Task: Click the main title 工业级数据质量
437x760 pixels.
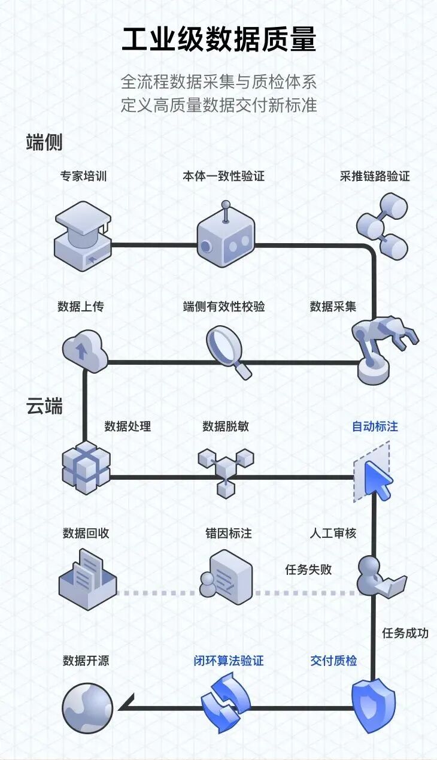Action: click(218, 41)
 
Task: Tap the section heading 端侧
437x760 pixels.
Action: click(44, 143)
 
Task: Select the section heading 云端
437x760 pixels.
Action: click(44, 406)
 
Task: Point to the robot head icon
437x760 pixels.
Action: click(226, 238)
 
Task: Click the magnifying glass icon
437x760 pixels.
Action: click(228, 351)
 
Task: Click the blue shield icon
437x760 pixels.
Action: click(373, 706)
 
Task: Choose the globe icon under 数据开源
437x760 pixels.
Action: click(87, 708)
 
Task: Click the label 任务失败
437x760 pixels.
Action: click(308, 570)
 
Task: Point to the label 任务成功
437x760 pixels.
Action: click(405, 632)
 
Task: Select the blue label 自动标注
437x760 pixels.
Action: click(375, 426)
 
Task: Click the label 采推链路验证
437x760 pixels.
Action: click(375, 176)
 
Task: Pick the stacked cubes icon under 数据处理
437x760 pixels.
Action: click(86, 467)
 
